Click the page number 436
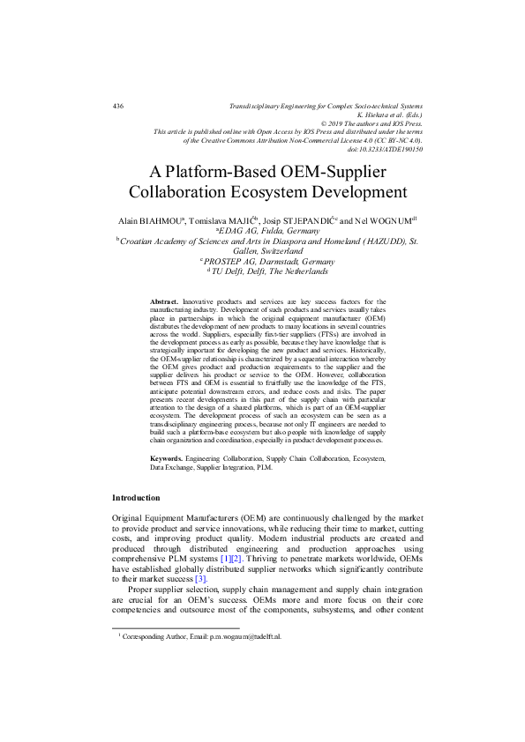[118, 106]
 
